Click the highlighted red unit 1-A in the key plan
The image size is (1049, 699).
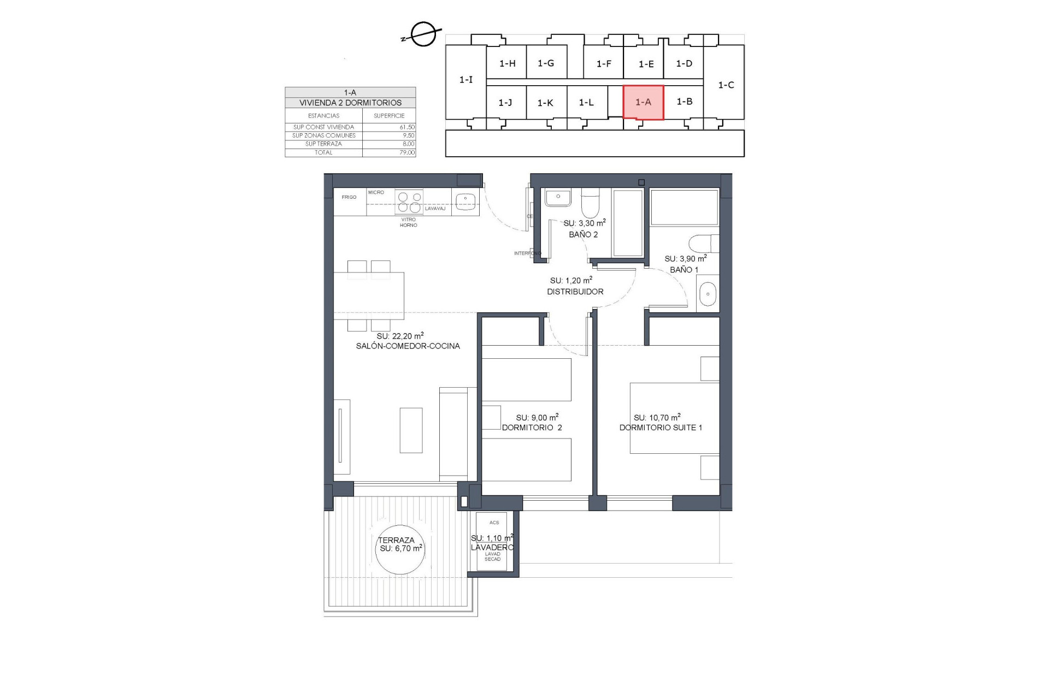(x=643, y=102)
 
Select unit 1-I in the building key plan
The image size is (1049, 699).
(x=465, y=80)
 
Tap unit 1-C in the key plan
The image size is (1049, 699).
(x=726, y=85)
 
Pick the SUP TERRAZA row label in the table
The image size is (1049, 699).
(x=323, y=144)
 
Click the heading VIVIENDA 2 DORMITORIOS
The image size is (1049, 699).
(x=350, y=103)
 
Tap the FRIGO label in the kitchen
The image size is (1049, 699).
(x=349, y=197)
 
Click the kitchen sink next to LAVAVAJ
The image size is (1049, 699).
(x=465, y=201)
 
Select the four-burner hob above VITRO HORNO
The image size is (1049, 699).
(x=409, y=202)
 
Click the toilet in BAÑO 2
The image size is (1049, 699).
(x=589, y=204)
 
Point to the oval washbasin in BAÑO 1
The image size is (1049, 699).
(x=708, y=294)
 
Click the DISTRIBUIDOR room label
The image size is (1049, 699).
(x=575, y=292)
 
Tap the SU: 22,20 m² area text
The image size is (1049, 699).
(x=400, y=336)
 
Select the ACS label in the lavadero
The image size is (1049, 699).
(x=494, y=523)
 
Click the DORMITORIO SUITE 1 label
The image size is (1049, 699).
(x=661, y=428)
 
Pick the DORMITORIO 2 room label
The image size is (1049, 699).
(x=532, y=428)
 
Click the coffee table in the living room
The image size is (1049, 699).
(x=411, y=430)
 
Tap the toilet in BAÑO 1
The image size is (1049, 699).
(x=703, y=244)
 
